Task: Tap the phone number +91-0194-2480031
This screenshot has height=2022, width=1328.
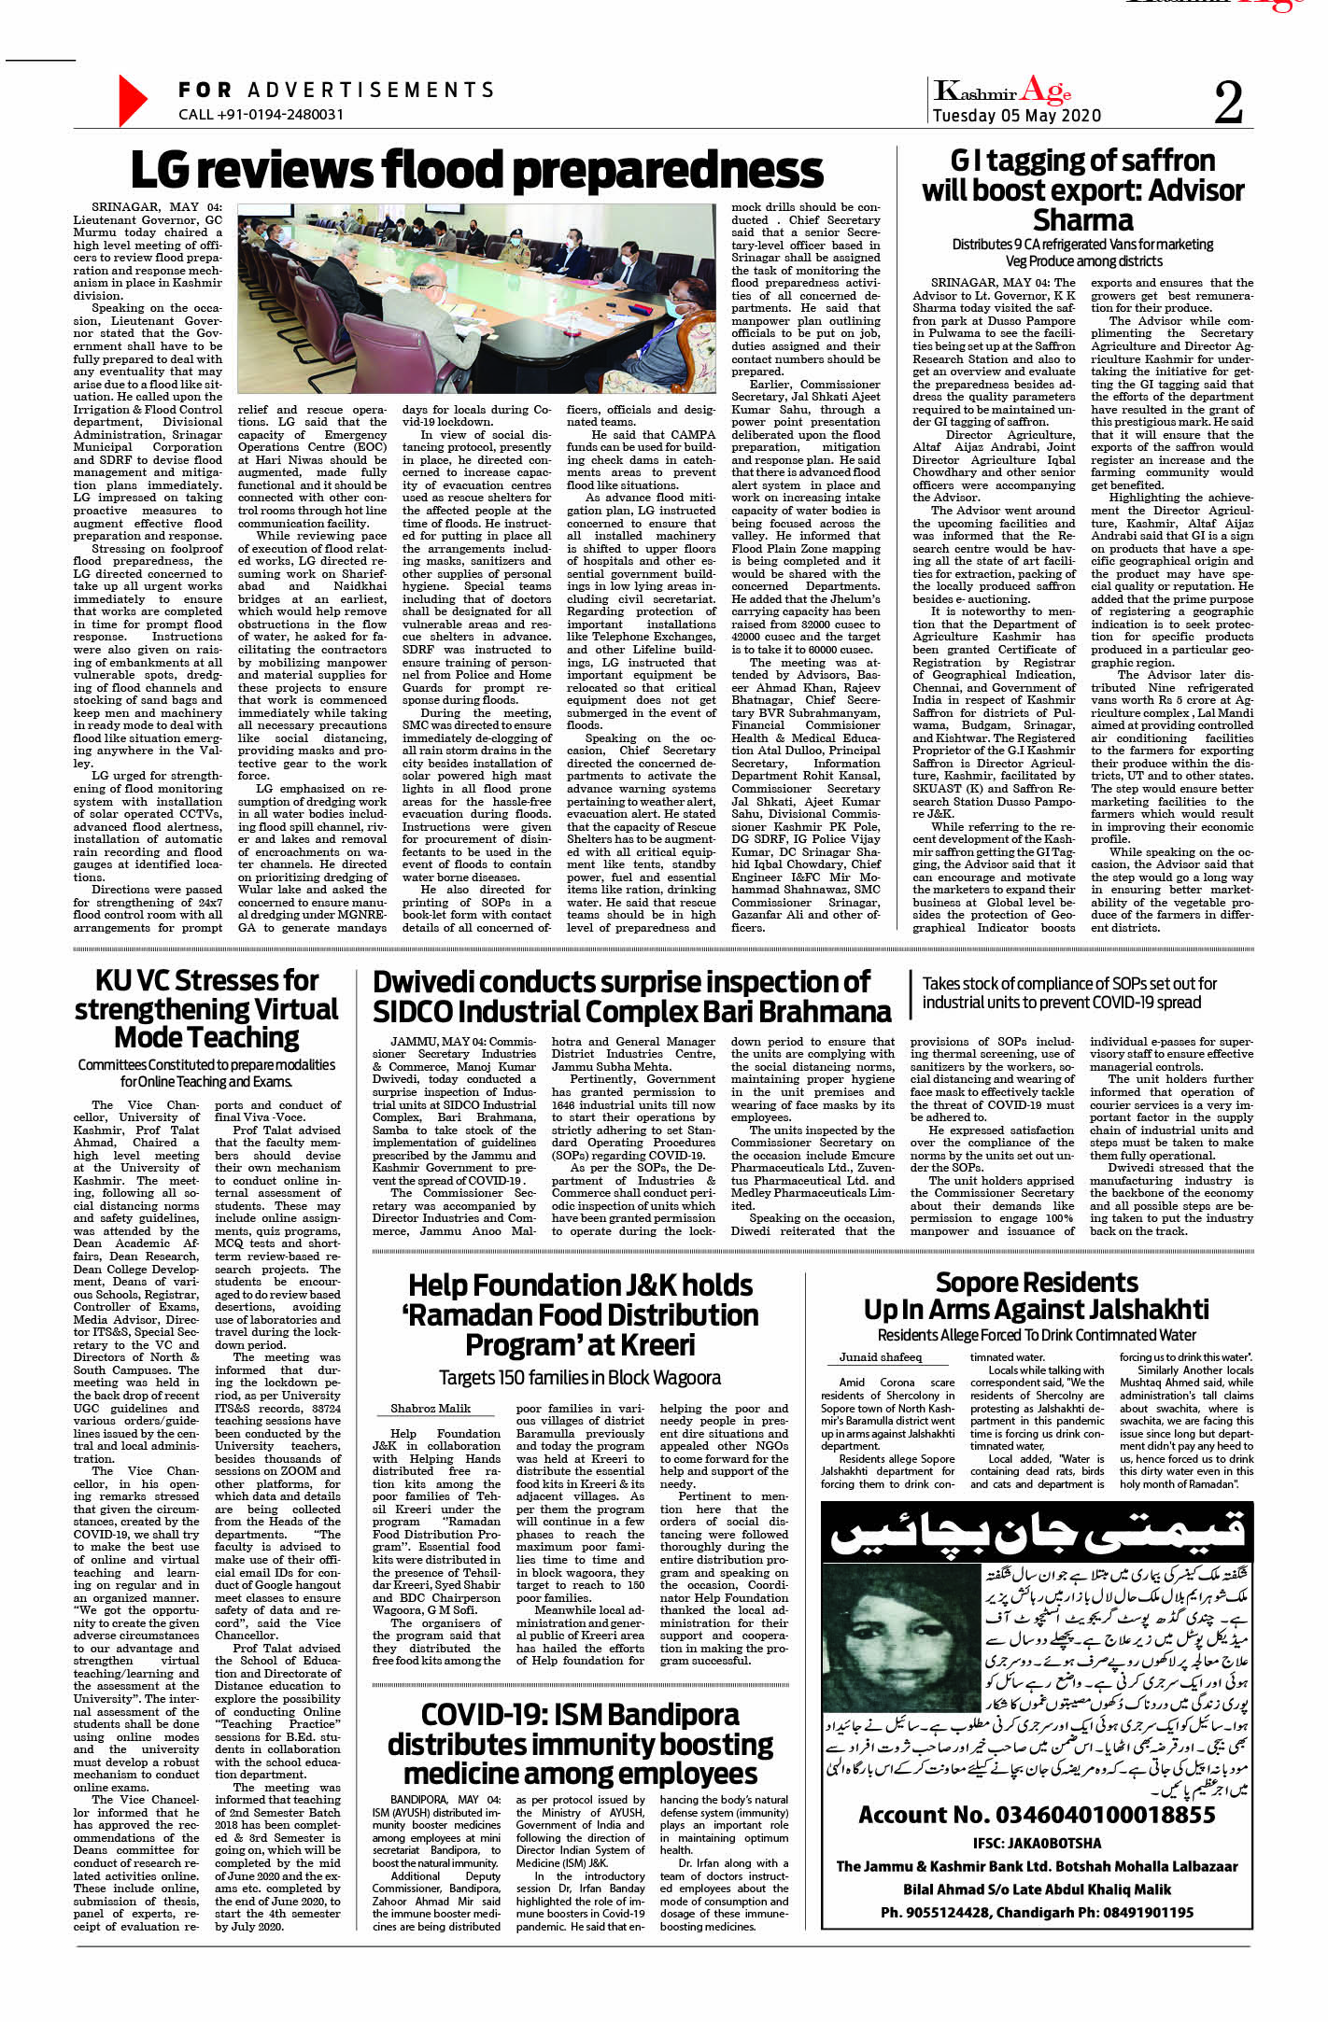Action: click(x=261, y=115)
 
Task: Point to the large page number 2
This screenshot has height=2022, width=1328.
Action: click(x=1228, y=102)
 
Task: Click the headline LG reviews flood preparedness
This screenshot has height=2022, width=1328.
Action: click(x=476, y=171)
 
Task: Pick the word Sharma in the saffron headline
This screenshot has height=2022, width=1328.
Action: click(x=1082, y=221)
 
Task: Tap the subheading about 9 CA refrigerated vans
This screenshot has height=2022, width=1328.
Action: click(x=1082, y=252)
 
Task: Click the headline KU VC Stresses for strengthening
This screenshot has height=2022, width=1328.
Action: click(x=206, y=1009)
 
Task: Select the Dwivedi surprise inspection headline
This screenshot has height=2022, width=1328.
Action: click(x=631, y=997)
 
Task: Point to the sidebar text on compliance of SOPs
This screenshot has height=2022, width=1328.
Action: click(x=1069, y=992)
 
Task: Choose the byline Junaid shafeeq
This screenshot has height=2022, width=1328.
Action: click(x=880, y=1357)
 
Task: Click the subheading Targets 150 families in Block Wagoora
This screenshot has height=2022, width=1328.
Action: click(x=580, y=1377)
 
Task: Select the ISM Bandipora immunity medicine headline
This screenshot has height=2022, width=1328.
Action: click(x=580, y=1743)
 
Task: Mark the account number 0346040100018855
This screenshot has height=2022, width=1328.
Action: click(x=1037, y=1815)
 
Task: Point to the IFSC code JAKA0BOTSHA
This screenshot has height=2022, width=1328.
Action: click(x=1037, y=1843)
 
